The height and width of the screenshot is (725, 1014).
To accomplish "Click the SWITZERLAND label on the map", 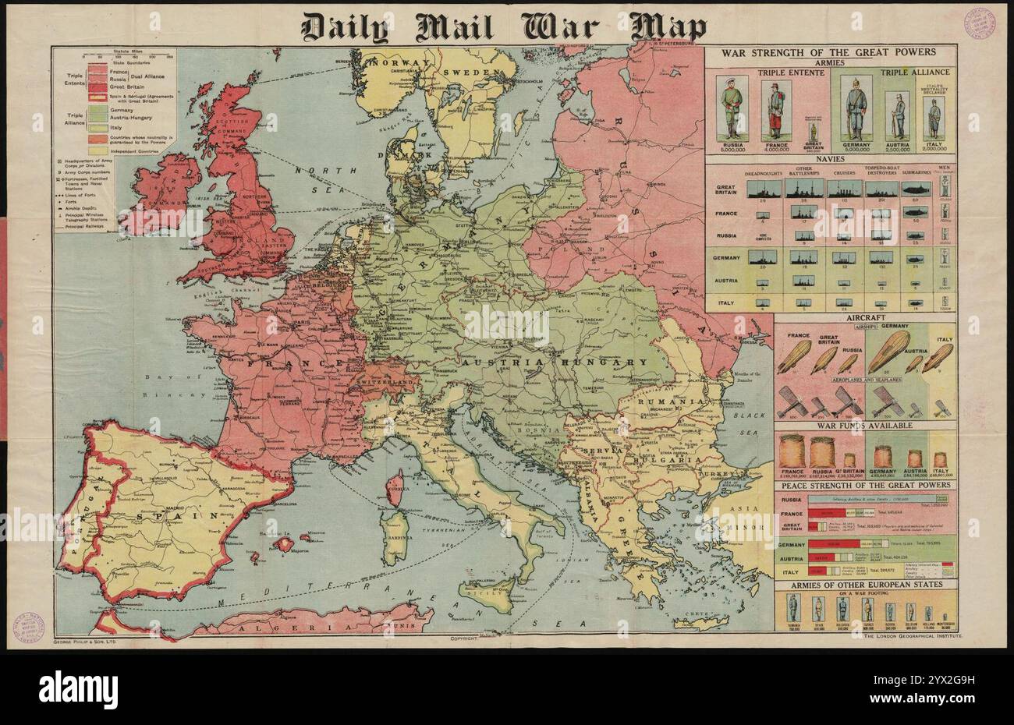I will click(x=387, y=384).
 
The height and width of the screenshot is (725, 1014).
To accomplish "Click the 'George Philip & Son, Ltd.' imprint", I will click(x=86, y=641).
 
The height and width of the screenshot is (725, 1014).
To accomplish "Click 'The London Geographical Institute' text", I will click(x=903, y=637).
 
